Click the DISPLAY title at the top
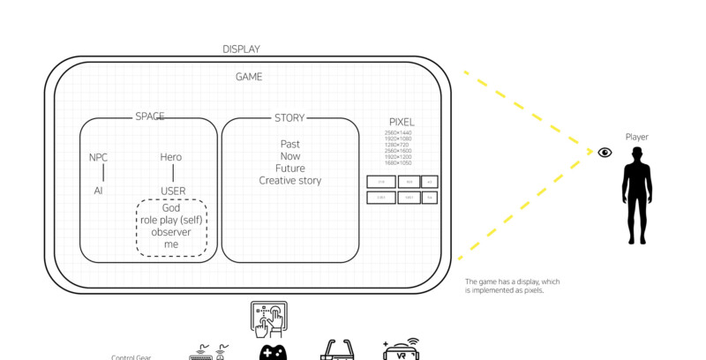[x=241, y=49]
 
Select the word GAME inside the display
[x=248, y=77]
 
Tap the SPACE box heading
[x=149, y=116]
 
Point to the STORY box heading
[x=289, y=116]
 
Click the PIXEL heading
[x=402, y=122]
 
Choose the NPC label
[x=98, y=157]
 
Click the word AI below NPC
[x=98, y=190]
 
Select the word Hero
[x=171, y=157]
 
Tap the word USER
[x=173, y=190]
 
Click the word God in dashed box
[x=171, y=208]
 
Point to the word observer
[x=171, y=232]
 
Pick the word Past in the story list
[x=289, y=144]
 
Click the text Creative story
[x=289, y=181]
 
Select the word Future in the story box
[x=289, y=169]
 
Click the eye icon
[x=605, y=153]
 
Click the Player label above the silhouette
[x=636, y=138]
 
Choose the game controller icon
[x=273, y=352]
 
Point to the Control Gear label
[x=131, y=356]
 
